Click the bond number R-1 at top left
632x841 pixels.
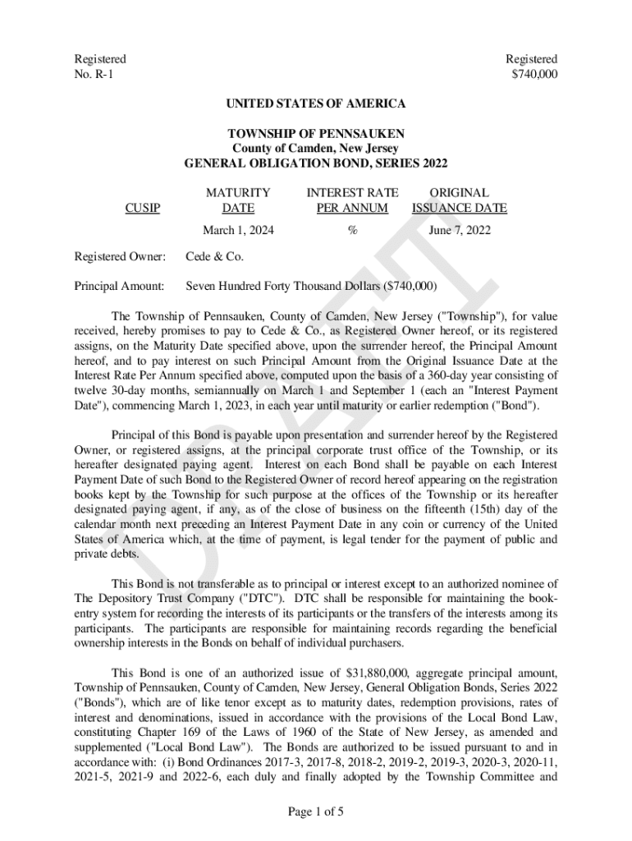pos(92,74)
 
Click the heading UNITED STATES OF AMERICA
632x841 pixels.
pos(316,103)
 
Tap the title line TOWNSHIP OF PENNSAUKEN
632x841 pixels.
pos(316,133)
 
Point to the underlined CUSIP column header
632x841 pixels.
pos(142,209)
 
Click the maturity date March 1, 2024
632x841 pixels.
pos(238,231)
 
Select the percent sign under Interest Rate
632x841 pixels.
pos(352,231)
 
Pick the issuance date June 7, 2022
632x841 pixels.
pos(460,231)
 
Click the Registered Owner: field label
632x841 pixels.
pos(120,257)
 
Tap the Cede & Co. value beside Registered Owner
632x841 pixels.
pos(215,257)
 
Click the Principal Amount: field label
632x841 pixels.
pos(120,287)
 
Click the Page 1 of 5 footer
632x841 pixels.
pos(316,812)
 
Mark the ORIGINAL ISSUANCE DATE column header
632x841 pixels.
pos(460,200)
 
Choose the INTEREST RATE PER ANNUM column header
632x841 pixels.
pos(352,200)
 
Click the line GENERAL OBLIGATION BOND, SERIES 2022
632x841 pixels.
pos(316,163)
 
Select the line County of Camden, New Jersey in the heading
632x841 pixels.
pos(316,148)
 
